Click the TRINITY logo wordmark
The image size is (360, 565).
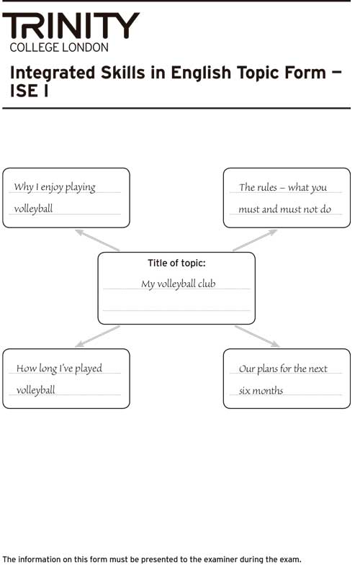click(71, 26)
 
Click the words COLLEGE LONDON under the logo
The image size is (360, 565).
click(59, 48)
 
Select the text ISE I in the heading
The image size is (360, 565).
click(30, 91)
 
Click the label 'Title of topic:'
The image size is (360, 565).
click(176, 263)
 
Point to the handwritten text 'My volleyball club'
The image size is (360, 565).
click(179, 284)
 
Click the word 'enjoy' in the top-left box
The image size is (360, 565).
click(52, 188)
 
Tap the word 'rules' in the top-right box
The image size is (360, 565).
click(266, 187)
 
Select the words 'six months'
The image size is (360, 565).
click(261, 391)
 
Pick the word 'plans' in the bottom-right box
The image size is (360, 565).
click(267, 369)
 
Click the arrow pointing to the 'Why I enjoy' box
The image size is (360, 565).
click(97, 240)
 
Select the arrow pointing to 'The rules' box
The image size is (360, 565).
click(255, 240)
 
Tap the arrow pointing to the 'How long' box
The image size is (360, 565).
click(97, 337)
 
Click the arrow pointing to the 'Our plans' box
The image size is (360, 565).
click(257, 337)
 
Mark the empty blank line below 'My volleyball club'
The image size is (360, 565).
click(176, 310)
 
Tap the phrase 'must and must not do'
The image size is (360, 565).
click(284, 209)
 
